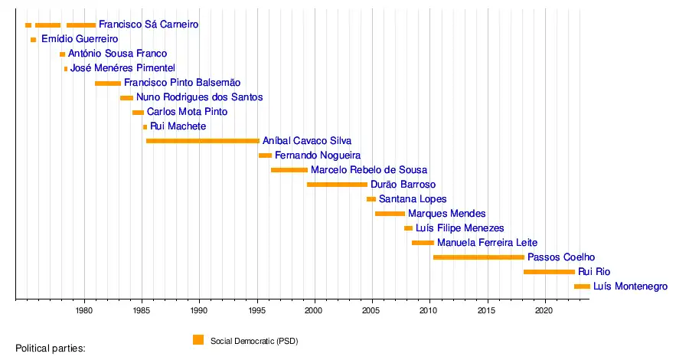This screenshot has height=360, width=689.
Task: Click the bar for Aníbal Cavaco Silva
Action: (202, 141)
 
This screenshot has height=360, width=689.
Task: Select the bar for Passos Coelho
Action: (478, 257)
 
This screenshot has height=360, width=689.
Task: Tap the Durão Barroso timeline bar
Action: (337, 185)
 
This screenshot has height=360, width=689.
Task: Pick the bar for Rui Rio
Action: (549, 272)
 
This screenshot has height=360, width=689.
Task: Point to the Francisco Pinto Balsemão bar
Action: (108, 83)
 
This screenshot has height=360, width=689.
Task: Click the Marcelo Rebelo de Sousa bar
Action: (289, 170)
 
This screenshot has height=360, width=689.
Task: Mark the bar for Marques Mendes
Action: (390, 214)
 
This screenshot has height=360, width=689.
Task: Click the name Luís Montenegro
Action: (630, 286)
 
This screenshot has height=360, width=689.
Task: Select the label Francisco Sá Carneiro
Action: (149, 25)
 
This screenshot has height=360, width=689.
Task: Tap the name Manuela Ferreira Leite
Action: (487, 243)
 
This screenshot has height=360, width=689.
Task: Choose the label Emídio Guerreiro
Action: (80, 39)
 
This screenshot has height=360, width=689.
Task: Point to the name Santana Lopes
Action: (413, 199)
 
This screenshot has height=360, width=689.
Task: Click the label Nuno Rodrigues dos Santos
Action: (199, 97)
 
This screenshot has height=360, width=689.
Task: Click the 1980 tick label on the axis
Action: (84, 311)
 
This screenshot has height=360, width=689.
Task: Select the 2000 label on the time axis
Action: (314, 311)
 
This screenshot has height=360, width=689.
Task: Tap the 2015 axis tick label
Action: (486, 311)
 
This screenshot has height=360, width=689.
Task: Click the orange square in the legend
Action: (198, 340)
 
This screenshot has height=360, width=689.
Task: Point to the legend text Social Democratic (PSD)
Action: (254, 341)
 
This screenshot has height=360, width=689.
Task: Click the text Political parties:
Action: (51, 349)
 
